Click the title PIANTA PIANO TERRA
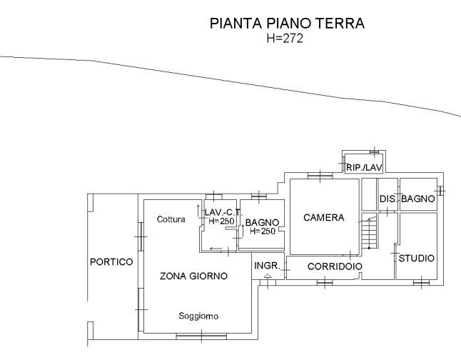click(288, 24)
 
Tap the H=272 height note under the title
click(285, 39)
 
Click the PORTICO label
click(111, 261)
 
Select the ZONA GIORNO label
click(193, 276)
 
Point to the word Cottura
click(171, 219)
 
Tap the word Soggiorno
click(198, 316)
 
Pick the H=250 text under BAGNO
click(263, 231)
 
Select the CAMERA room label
click(324, 218)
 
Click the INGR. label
click(267, 266)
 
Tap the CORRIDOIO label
click(335, 266)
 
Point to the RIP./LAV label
click(364, 167)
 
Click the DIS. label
click(388, 199)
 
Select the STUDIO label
click(416, 258)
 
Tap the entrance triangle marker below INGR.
click(268, 276)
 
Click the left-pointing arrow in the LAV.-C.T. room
click(216, 249)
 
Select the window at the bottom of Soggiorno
click(201, 336)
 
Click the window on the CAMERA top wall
click(320, 176)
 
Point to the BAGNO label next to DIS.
click(417, 199)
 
